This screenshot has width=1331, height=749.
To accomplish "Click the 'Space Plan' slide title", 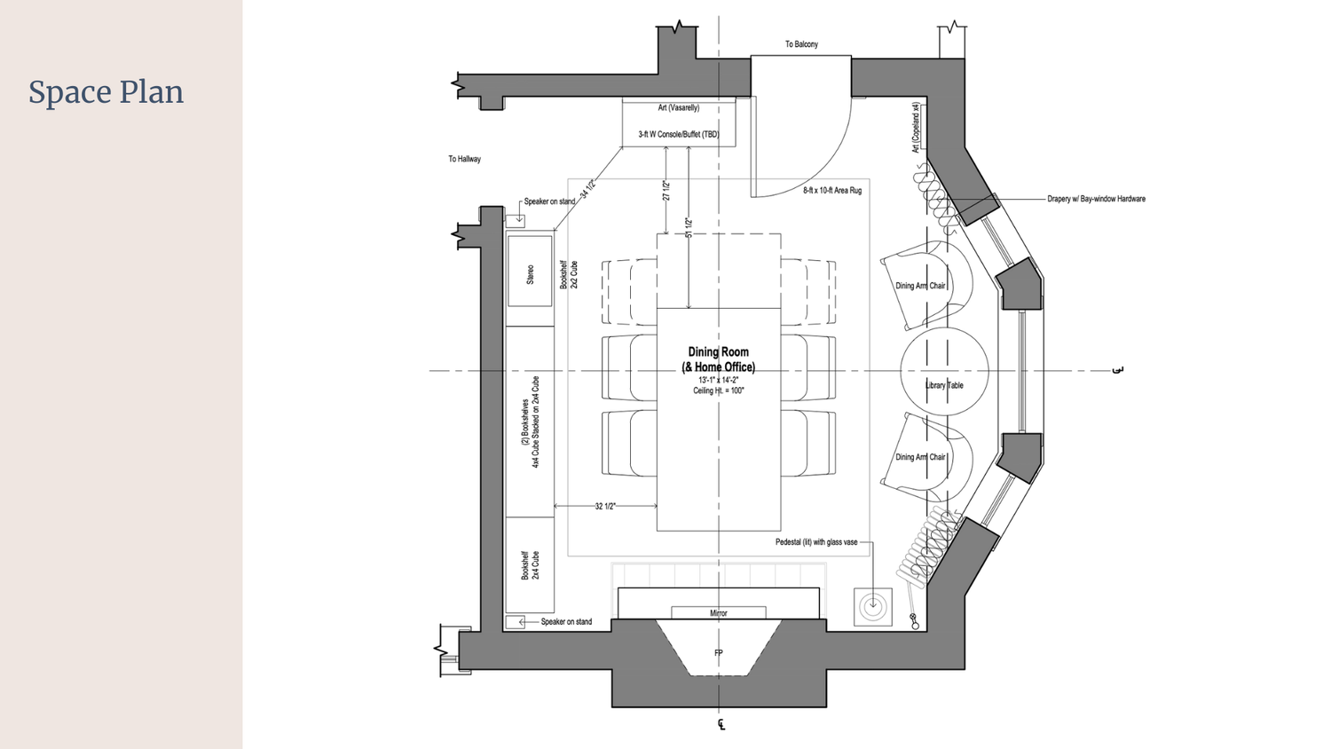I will click(x=106, y=92).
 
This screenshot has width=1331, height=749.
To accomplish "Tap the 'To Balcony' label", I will click(x=801, y=44).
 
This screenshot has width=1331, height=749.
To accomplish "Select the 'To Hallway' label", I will click(x=464, y=159).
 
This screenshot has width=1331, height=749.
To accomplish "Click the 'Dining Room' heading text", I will click(x=718, y=352).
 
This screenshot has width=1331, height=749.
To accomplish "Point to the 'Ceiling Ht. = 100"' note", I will click(x=718, y=390).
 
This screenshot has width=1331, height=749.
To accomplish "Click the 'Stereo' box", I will click(x=530, y=272).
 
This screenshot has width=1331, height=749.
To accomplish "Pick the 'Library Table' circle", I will click(x=944, y=385).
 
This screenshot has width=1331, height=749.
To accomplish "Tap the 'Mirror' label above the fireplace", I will click(x=718, y=613).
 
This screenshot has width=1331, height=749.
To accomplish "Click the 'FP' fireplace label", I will click(x=718, y=653).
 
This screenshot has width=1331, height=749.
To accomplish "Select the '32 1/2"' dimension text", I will click(x=605, y=507).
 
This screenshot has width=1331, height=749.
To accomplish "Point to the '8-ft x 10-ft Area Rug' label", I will click(x=831, y=191).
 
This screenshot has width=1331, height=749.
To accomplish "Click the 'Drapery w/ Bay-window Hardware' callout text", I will click(x=1096, y=199).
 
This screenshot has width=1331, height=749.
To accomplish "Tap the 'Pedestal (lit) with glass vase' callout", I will click(x=816, y=542).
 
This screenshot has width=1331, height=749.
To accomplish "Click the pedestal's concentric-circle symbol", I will click(x=872, y=606).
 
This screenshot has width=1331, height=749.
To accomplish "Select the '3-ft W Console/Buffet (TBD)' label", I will click(x=678, y=135).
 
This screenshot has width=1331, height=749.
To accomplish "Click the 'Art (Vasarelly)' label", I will click(x=678, y=108).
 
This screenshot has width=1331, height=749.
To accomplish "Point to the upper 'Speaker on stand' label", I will click(x=549, y=201).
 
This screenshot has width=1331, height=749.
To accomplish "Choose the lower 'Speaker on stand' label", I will click(x=566, y=622).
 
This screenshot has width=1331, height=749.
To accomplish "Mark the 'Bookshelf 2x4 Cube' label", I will click(x=530, y=565).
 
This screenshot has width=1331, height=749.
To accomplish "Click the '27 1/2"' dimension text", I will click(x=665, y=191).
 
